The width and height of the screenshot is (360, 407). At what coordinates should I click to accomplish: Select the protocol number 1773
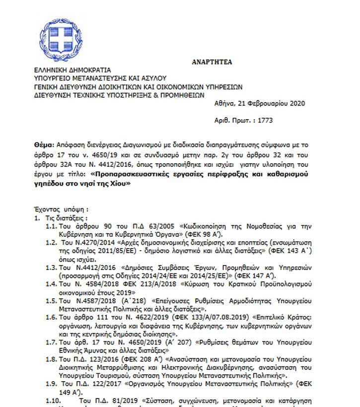264,120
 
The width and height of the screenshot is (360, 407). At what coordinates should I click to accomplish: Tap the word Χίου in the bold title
120,183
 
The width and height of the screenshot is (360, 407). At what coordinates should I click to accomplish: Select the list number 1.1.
51,226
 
